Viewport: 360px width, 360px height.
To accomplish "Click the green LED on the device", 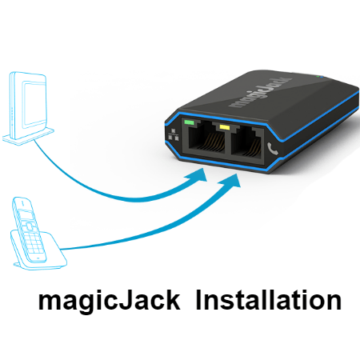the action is pos(189,122).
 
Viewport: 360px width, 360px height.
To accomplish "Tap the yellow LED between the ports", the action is pos(225,127).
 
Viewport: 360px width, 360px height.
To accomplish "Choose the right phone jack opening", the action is pos(246,143).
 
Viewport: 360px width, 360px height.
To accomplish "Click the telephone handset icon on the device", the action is pos(272,149).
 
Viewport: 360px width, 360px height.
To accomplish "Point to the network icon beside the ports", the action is pos(173,134).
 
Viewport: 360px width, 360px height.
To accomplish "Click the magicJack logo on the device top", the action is pos(260,93).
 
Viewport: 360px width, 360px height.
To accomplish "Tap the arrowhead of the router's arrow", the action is pos(198,175).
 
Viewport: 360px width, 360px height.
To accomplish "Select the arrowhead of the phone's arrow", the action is pos(230,181).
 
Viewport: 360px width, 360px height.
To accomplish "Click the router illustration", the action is pos(28,108).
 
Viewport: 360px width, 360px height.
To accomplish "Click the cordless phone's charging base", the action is pos(39,250).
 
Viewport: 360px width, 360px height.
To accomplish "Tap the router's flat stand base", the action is pos(28,136).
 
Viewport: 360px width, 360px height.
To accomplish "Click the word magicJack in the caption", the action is pos(110,301).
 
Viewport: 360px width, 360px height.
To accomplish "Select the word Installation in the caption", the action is pos(269,300).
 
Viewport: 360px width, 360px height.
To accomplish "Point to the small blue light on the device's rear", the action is pos(321,77).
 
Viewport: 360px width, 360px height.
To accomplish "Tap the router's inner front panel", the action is pos(34,103).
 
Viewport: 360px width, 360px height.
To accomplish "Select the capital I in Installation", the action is pos(198,300).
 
